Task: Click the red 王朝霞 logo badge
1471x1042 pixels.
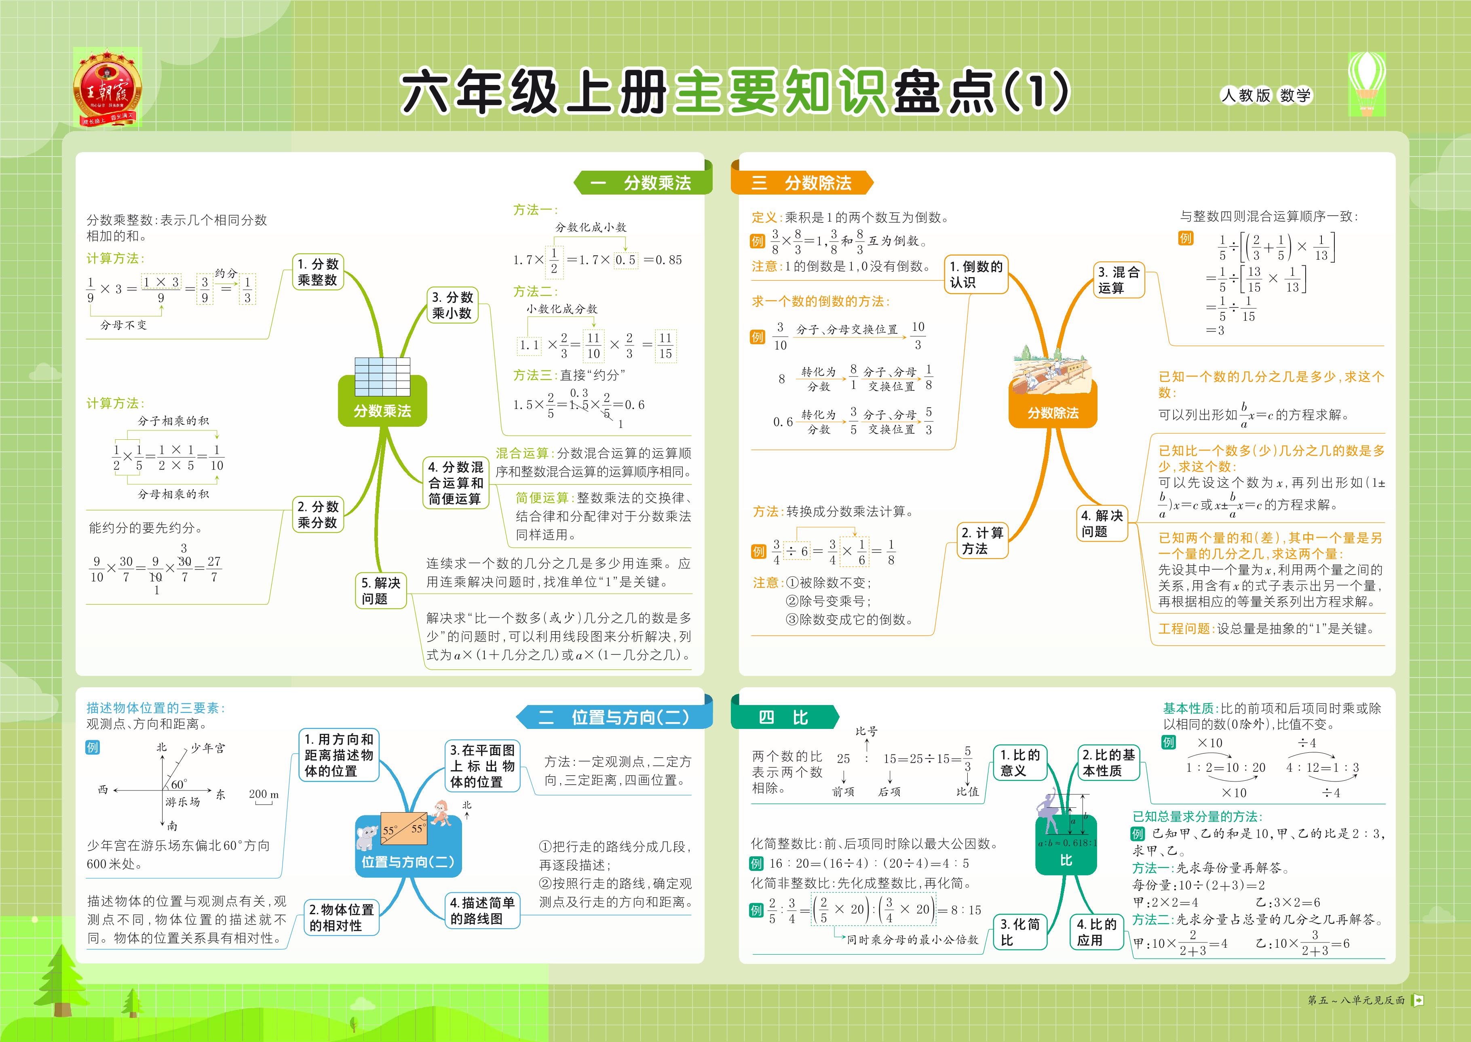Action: pos(107,88)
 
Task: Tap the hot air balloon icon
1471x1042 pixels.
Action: pos(1366,83)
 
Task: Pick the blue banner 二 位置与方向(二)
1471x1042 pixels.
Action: pos(615,717)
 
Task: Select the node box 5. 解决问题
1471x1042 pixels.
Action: pos(381,590)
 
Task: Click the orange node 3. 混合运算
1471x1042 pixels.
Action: pos(1119,280)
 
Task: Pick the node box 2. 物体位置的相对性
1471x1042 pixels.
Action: pos(341,917)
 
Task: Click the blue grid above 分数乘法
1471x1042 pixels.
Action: pos(382,377)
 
